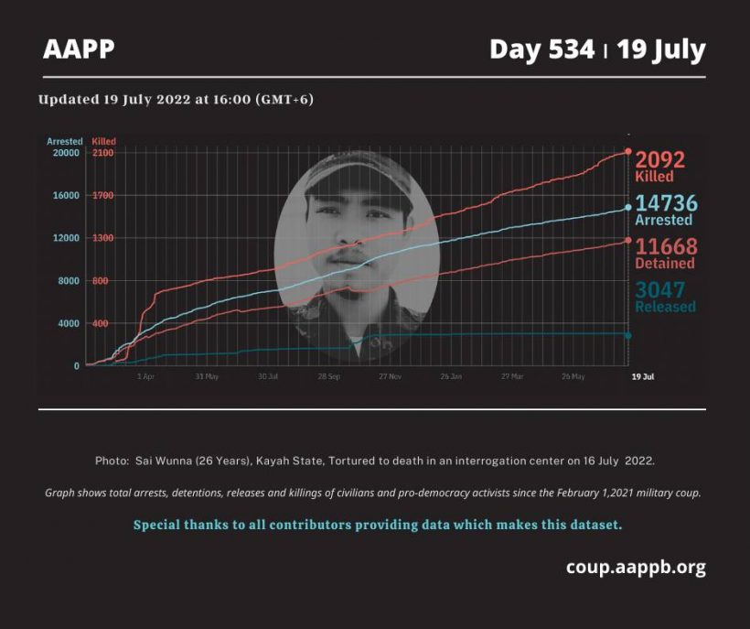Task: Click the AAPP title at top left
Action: point(79,49)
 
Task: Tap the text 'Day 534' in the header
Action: point(541,49)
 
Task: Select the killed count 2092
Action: point(660,159)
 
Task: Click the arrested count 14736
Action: point(667,203)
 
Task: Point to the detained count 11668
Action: point(667,246)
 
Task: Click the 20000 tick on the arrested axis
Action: point(64,153)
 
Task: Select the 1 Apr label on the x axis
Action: point(145,376)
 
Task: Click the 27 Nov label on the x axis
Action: point(391,376)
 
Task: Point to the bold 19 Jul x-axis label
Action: point(642,376)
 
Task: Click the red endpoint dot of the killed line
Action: point(628,151)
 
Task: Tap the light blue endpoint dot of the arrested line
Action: point(628,208)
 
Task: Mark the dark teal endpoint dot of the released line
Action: point(628,335)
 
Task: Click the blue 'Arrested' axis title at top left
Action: point(64,142)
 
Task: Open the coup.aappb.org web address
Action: point(636,567)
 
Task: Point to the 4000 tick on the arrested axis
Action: point(68,323)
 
